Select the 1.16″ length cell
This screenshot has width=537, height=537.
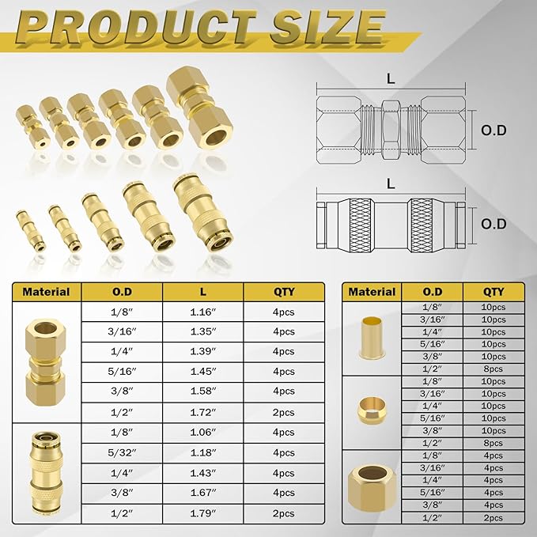coord(202,312)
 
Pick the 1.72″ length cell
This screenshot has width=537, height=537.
coord(202,411)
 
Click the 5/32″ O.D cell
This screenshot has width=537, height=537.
coord(122,452)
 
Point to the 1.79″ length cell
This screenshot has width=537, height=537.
coord(202,513)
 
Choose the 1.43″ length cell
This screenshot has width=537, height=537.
coord(202,472)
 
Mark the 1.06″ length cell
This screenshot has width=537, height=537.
coord(202,432)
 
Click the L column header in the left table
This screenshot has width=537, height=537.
coord(202,292)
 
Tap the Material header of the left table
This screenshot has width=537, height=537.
coord(46,292)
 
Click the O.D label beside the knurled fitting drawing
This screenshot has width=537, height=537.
coord(494,224)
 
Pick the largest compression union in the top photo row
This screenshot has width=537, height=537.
coord(198,111)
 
